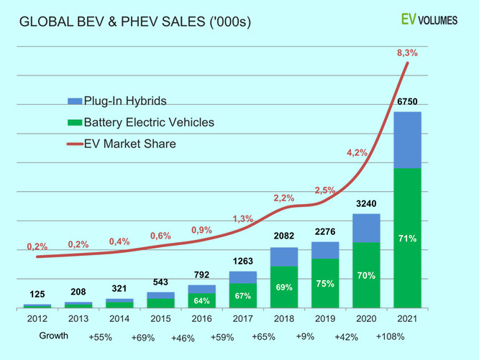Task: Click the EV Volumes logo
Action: coord(429,19)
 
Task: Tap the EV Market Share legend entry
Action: coord(129,144)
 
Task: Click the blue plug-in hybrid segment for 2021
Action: coord(408,140)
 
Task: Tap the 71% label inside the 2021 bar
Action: coord(408,238)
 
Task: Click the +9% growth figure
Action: coord(304,336)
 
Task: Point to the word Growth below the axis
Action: coord(54,336)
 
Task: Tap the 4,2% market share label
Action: coord(357,152)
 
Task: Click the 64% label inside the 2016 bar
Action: coord(201,300)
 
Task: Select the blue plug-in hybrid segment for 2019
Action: coord(325,250)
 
